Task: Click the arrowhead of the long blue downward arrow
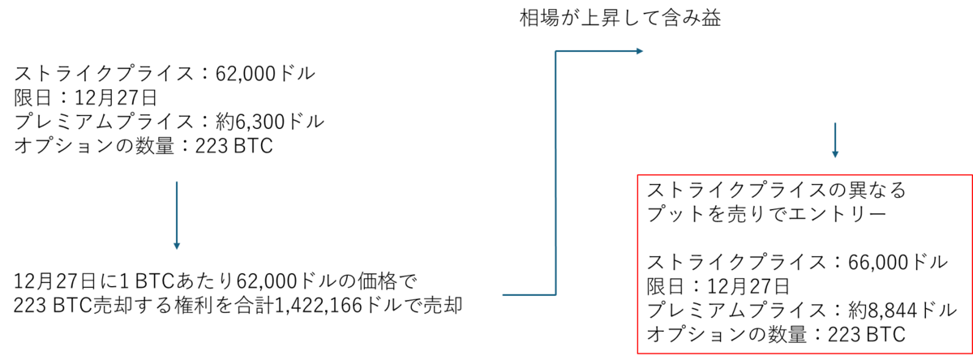pos(177,246)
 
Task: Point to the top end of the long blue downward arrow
pos(177,182)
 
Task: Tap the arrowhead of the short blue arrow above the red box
pos(834,155)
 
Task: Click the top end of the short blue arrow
pos(834,122)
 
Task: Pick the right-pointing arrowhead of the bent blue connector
pos(641,51)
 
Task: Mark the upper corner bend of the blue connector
pos(555,51)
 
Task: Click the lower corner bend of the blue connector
pos(555,295)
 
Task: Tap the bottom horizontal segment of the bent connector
pos(529,295)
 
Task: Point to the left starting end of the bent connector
pos(503,295)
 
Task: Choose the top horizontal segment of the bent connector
pos(596,51)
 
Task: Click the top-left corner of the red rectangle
pos(638,175)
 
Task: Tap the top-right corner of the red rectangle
pos(971,175)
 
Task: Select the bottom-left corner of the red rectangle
pos(638,353)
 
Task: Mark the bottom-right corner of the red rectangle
pos(971,353)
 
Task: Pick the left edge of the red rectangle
pos(638,264)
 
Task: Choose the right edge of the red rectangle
pos(971,264)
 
